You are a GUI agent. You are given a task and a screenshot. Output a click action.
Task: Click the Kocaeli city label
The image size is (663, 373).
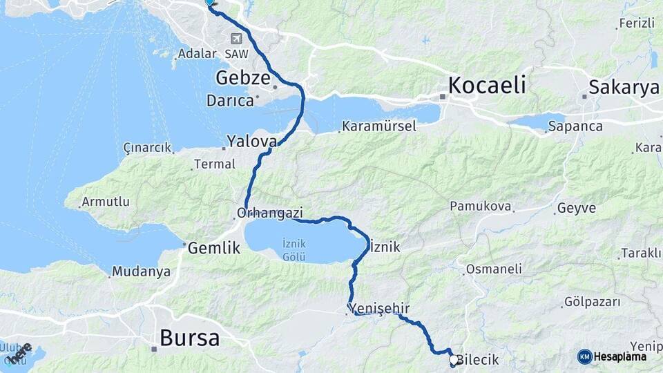[487, 86]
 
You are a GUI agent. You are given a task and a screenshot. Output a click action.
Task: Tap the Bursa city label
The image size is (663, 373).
[189, 338]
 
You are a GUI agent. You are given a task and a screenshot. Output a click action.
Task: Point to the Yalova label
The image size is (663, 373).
[251, 142]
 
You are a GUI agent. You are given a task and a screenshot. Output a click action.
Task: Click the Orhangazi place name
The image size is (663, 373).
[270, 213]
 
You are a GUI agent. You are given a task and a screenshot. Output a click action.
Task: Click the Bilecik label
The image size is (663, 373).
[479, 361]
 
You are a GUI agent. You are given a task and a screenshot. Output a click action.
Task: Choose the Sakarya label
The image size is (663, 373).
[624, 88]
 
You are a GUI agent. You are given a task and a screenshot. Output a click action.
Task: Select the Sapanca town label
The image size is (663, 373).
[575, 126]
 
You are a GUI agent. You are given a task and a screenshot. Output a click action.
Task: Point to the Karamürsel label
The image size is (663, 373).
[377, 127]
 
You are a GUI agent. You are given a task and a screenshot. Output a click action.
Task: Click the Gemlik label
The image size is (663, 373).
[215, 247]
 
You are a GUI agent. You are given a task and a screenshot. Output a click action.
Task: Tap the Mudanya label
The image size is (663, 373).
[141, 271]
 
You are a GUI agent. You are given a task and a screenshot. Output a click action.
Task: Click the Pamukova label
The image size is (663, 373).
[480, 206]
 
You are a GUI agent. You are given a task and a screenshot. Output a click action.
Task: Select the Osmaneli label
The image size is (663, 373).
[494, 269]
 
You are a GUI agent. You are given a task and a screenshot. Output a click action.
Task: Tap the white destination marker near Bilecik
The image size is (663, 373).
[454, 359]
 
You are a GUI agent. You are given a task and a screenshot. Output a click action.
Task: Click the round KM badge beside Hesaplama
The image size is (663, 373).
[584, 356]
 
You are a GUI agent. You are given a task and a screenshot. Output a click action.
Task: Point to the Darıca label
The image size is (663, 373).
[230, 101]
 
